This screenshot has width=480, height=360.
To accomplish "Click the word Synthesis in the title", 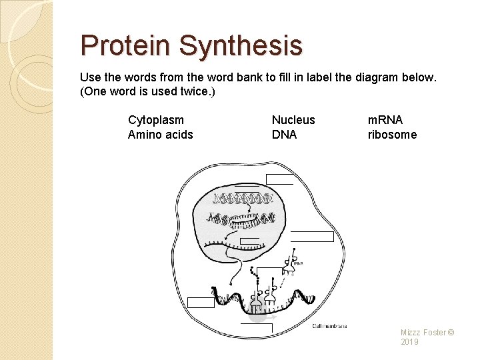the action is (241, 46).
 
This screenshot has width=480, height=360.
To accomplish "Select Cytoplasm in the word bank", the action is (156, 120).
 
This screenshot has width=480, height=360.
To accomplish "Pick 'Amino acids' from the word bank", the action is (161, 135).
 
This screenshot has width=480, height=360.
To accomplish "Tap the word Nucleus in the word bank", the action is (293, 120).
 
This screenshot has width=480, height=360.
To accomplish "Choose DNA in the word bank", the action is (284, 135).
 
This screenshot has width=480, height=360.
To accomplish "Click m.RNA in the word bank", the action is (385, 120).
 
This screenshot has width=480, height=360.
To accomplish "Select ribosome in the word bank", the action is (392, 135).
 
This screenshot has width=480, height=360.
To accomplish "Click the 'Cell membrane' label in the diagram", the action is (329, 326).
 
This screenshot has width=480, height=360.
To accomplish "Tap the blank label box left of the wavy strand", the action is (201, 302).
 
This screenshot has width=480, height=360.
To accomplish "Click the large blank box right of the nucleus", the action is (312, 237).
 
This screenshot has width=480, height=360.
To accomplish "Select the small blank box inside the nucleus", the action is (249, 241).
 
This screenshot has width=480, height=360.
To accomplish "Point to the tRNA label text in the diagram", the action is (298, 263).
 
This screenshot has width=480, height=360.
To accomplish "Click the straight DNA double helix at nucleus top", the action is (243, 198).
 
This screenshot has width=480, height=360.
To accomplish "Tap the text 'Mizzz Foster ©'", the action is (427, 332).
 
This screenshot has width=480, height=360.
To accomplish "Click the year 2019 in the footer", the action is (410, 342).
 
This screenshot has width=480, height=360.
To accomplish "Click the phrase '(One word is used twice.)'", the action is (147, 91).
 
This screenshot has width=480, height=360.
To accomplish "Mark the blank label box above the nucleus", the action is (279, 178).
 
